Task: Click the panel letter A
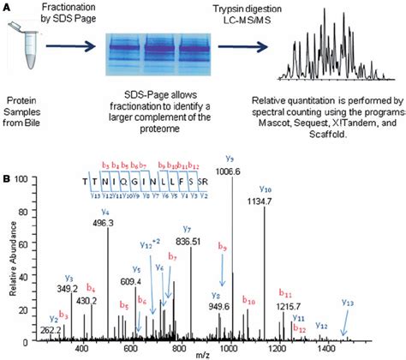(x=7, y=8)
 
